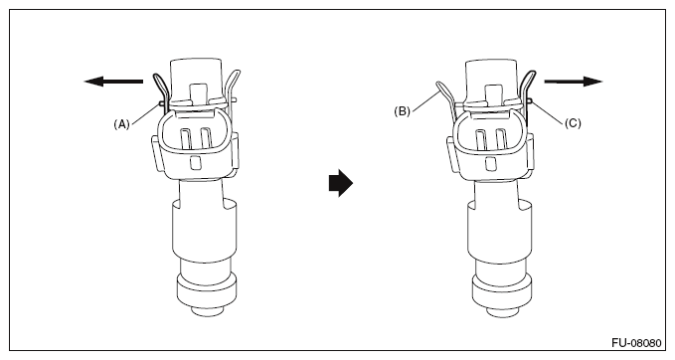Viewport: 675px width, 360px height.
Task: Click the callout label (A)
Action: [121, 124]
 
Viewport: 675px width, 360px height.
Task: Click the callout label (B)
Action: [402, 111]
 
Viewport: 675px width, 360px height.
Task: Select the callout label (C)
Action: [573, 123]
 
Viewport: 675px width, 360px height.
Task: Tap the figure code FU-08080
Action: [636, 343]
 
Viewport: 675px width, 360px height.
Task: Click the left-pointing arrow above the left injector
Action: [113, 81]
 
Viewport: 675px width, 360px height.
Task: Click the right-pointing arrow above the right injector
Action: [574, 81]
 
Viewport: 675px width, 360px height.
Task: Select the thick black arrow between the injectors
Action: [341, 183]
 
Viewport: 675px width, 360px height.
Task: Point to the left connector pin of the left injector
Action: [186, 138]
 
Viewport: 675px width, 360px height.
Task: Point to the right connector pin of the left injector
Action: [205, 138]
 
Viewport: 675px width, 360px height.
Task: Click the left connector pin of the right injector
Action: [481, 139]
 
